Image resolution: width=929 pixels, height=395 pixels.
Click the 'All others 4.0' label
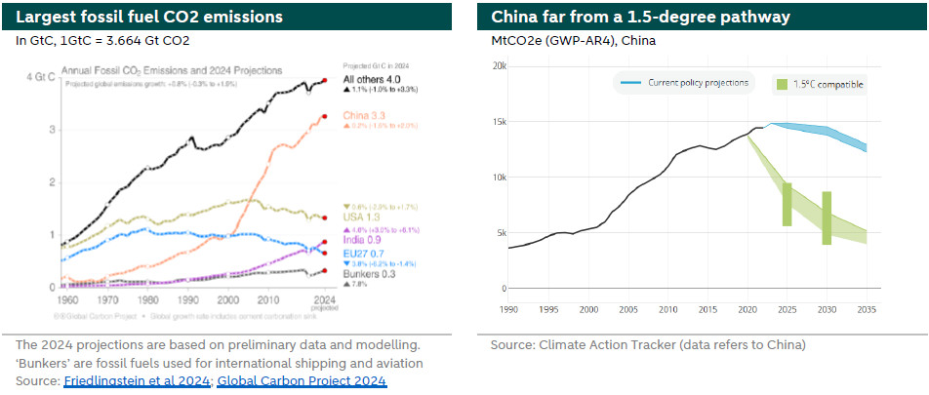(372, 79)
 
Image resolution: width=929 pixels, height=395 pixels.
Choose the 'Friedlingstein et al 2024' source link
(137, 380)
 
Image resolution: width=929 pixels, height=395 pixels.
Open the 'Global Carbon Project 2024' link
(302, 380)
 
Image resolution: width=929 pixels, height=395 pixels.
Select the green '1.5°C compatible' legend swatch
(781, 84)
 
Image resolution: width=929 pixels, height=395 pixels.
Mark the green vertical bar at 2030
(827, 217)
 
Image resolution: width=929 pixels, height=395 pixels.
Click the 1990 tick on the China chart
(508, 309)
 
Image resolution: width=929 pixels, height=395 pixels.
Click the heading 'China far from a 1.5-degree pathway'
(627, 18)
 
